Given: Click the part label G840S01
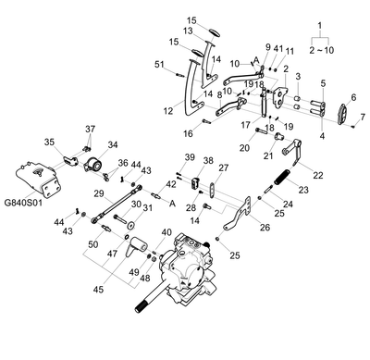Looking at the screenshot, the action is click(x=23, y=203).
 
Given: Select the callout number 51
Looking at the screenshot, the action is click(x=159, y=64).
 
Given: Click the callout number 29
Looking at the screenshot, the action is click(x=99, y=193).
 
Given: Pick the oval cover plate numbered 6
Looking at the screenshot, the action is click(x=343, y=114).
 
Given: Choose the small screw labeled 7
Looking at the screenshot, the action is click(x=353, y=126).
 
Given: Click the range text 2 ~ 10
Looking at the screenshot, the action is click(x=322, y=50).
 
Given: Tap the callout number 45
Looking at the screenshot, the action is click(x=99, y=290).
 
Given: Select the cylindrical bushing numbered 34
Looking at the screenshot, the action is click(x=93, y=165).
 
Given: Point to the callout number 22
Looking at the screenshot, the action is click(x=318, y=175).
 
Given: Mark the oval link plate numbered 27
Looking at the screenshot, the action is click(x=212, y=190).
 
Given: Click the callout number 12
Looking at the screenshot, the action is click(x=168, y=110).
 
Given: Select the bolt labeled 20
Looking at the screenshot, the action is click(x=262, y=131).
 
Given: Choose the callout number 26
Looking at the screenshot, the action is click(x=265, y=228).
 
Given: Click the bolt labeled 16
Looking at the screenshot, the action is click(x=206, y=121).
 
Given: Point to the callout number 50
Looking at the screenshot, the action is click(x=92, y=244).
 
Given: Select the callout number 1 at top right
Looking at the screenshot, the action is click(x=320, y=25).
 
